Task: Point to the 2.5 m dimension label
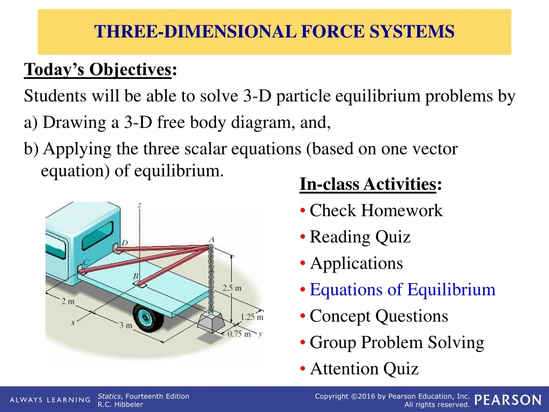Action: coord(232,288)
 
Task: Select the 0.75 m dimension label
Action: coord(239,334)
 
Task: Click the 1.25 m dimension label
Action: coord(251,317)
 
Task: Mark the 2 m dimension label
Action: coord(68,301)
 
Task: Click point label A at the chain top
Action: coord(211,239)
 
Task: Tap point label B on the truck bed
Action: coord(136,276)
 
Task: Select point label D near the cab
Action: coord(124,243)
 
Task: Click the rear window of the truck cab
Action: coord(97,234)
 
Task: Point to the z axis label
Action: coord(139,205)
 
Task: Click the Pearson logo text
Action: coord(508,400)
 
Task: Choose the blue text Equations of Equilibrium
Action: coord(402,290)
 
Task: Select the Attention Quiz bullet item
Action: coord(364,369)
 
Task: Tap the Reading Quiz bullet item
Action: coord(360,237)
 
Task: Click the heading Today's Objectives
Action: coord(98,70)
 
